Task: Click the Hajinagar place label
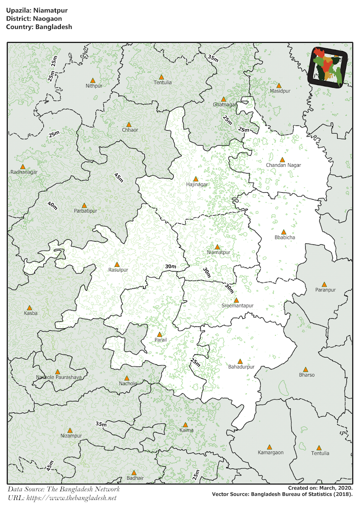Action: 197,185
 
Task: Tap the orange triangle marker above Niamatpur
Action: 217,247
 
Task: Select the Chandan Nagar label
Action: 283,165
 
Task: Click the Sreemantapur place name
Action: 237,305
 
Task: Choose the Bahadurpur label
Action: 241,366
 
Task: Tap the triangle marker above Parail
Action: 160,334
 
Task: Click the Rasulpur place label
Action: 118,270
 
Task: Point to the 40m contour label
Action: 53,206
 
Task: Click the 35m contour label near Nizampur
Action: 101,424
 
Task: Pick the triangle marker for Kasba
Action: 30,308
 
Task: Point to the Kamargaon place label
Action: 270,453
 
